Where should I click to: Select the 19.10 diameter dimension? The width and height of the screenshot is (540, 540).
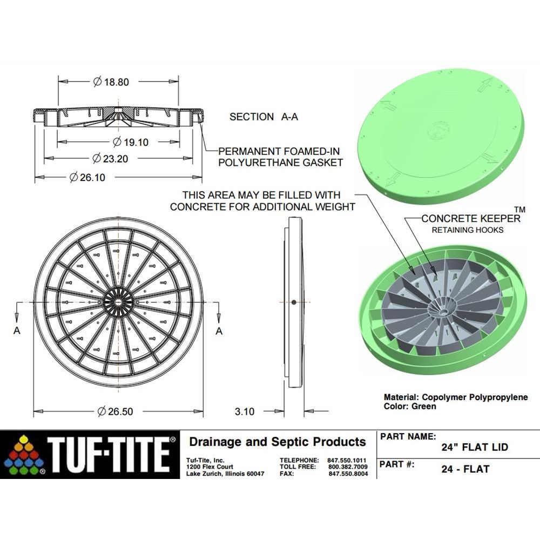tap(130, 142)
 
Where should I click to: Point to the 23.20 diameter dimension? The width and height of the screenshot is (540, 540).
tap(111, 159)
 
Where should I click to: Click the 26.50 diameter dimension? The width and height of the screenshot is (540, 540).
tap(114, 411)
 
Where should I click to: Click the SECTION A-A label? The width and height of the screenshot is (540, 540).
tap(264, 117)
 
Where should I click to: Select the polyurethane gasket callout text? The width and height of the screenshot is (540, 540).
tap(280, 157)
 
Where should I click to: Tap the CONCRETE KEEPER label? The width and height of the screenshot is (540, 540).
tap(471, 219)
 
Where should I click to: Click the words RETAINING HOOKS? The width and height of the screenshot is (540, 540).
tap(467, 230)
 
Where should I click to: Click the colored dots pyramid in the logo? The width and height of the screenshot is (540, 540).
tap(24, 455)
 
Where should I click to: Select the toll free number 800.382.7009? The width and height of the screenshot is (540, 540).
tap(348, 467)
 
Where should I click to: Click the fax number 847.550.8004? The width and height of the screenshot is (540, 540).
tap(348, 474)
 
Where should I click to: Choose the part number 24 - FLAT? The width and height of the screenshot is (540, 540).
tap(465, 469)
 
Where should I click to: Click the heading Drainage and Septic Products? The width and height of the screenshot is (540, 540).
tap(277, 442)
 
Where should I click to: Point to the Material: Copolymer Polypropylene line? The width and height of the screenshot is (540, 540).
tap(455, 397)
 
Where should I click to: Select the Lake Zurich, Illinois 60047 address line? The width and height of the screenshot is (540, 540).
tap(225, 474)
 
